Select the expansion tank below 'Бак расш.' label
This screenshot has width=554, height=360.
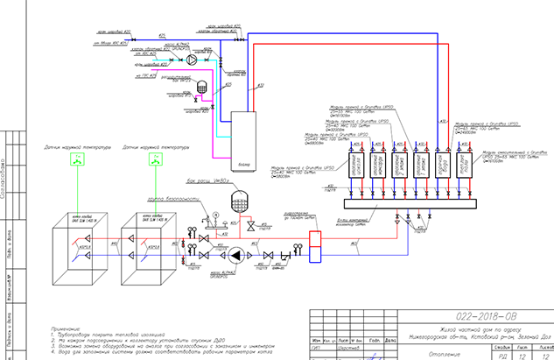[x=235, y=201]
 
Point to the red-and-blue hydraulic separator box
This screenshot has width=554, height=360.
[x=318, y=244]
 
